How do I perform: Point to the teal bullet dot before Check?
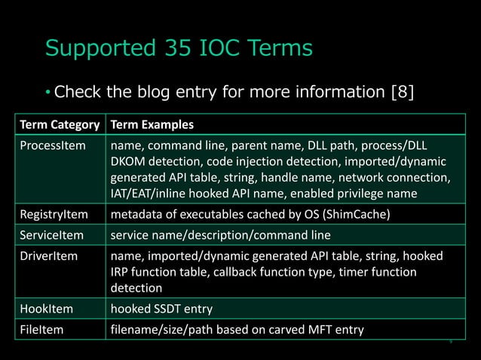[47, 93]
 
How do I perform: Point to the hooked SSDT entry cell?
[161, 308]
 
